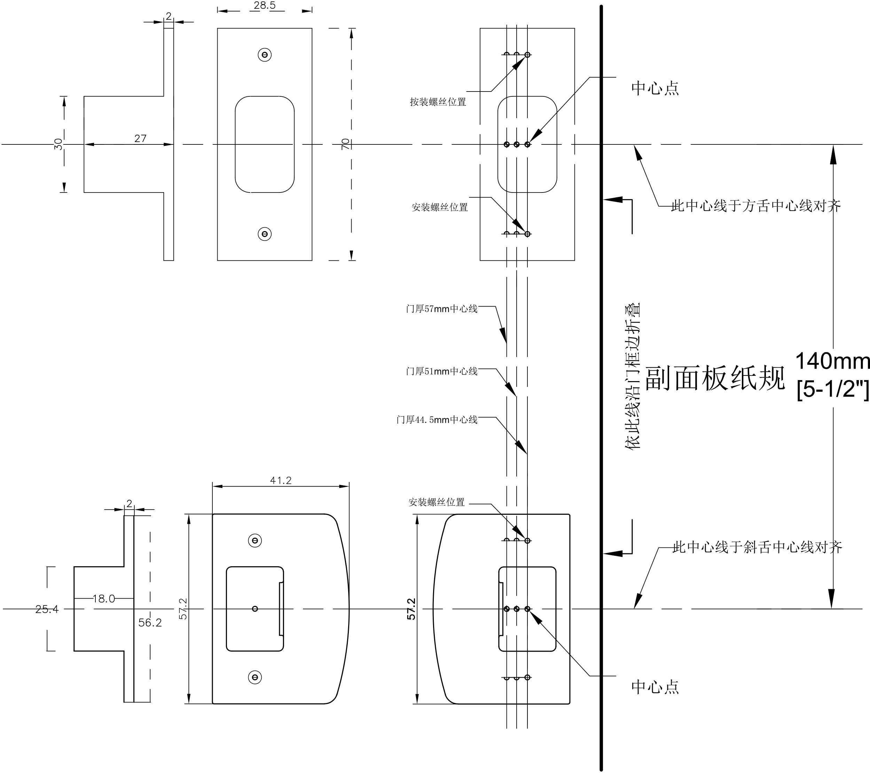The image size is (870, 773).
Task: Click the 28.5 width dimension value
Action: pos(264,6)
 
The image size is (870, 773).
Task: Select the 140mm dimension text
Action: pos(832,361)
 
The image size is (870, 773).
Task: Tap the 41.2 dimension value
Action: pos(281,480)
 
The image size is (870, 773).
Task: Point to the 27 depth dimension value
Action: pos(140,138)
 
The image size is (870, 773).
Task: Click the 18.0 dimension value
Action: pos(103,599)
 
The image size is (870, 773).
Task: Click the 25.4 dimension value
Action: pos(47,609)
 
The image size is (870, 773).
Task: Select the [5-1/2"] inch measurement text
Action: pos(832,388)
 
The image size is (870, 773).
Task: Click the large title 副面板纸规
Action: pos(715,378)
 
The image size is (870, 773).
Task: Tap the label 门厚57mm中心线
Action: pos(441,308)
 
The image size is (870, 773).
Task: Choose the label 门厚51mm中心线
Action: pos(441,371)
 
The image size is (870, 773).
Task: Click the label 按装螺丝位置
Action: pos(438,102)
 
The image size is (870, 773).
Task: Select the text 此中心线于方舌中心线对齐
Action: pos(756,206)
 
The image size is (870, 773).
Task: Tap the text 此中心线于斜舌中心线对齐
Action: pos(757,547)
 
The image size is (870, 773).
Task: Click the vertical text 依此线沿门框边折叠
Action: pos(633,376)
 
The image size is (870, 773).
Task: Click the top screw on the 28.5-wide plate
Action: pos(265,55)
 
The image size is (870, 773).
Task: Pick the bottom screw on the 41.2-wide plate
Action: pos(255,677)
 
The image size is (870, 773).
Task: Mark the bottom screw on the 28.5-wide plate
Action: pos(265,234)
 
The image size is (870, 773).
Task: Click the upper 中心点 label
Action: pos(655,88)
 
